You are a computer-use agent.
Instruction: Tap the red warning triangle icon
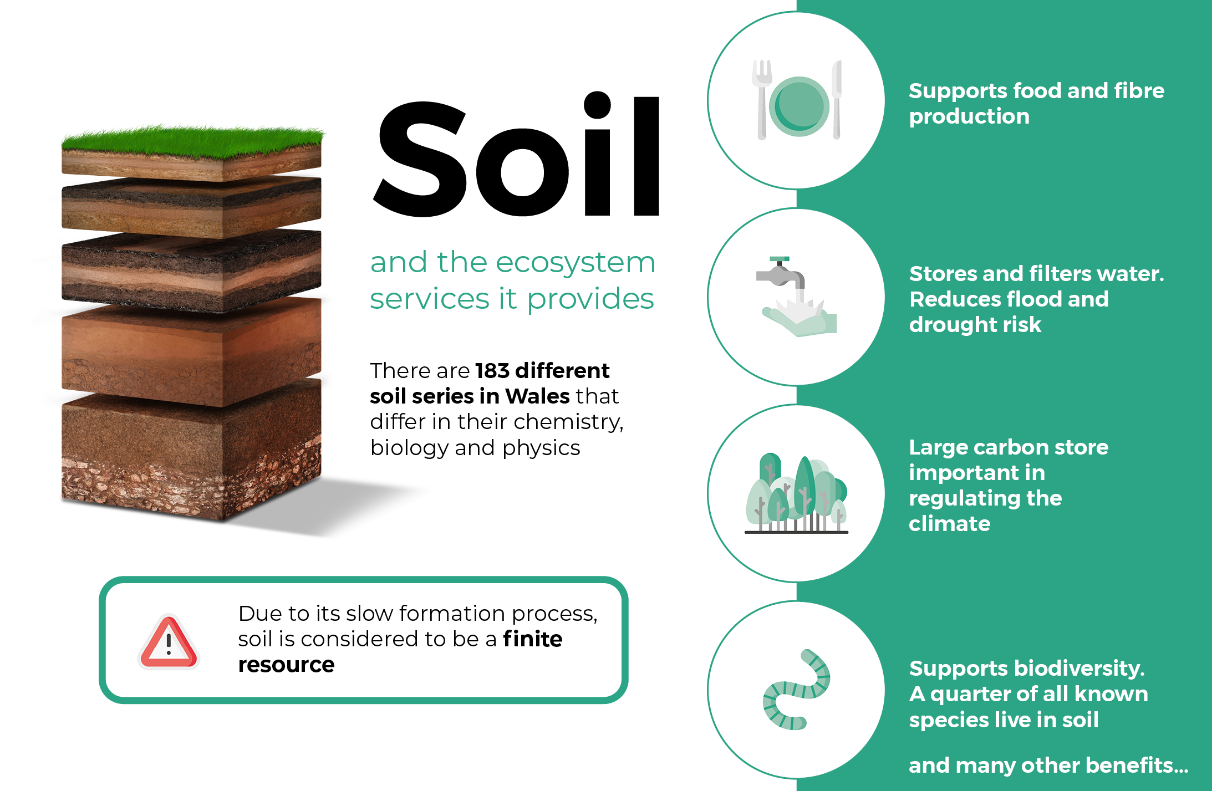coord(169,642)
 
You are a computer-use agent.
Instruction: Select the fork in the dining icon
coord(761,100)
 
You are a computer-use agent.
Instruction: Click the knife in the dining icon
coord(837,100)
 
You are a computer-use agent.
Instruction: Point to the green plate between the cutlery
coord(799,106)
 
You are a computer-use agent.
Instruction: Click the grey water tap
coord(781,273)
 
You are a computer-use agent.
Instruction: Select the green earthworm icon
coord(796,690)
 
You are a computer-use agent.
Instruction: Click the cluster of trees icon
coord(796,493)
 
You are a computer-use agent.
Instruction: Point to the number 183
coord(492,370)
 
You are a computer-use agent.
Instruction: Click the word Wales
coord(537,396)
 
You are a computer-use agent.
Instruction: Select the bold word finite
coord(533,639)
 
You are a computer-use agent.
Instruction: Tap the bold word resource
coord(286,665)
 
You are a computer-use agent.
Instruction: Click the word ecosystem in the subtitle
coord(576,262)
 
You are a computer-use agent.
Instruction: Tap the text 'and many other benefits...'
coord(1048,765)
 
